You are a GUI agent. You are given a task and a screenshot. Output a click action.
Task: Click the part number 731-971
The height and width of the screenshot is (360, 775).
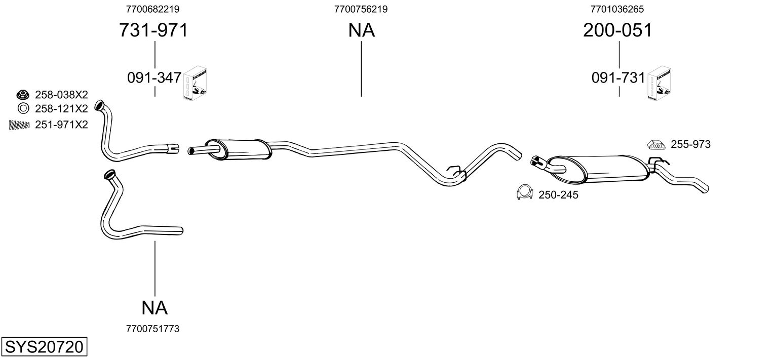[153, 30]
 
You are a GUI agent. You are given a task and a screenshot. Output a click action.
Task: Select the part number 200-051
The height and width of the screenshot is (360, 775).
[617, 30]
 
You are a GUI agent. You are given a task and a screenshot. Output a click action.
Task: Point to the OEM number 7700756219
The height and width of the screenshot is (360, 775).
[361, 9]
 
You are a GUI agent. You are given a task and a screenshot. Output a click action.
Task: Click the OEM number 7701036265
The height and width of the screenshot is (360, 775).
[617, 9]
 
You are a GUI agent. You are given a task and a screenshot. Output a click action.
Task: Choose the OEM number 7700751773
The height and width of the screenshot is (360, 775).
[152, 329]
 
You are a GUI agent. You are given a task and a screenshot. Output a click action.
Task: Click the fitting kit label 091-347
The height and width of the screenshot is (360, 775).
[154, 77]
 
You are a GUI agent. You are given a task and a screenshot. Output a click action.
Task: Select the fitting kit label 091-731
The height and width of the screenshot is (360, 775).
[618, 77]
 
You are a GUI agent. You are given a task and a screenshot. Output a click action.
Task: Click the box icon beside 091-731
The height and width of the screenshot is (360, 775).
[660, 84]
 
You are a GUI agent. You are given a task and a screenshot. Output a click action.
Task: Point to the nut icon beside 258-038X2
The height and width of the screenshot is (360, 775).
[23, 94]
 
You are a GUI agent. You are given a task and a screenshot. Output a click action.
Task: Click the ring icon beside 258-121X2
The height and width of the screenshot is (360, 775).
[23, 108]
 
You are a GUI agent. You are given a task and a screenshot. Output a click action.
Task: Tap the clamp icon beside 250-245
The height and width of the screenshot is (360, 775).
[525, 192]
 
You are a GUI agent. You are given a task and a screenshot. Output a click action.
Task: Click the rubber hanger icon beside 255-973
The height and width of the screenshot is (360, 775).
[656, 145]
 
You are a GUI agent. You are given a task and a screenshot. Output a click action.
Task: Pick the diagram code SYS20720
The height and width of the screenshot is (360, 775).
[44, 347]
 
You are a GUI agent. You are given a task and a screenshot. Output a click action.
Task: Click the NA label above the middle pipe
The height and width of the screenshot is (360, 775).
[361, 30]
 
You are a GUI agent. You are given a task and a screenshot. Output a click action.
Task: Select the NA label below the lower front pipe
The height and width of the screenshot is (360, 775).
[154, 307]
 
